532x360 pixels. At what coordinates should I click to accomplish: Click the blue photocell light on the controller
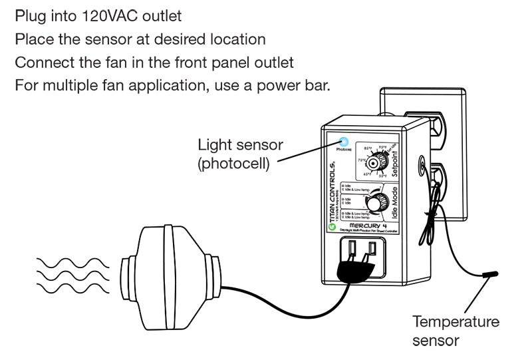click(344, 141)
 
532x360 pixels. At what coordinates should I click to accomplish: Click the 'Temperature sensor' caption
click(455, 331)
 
